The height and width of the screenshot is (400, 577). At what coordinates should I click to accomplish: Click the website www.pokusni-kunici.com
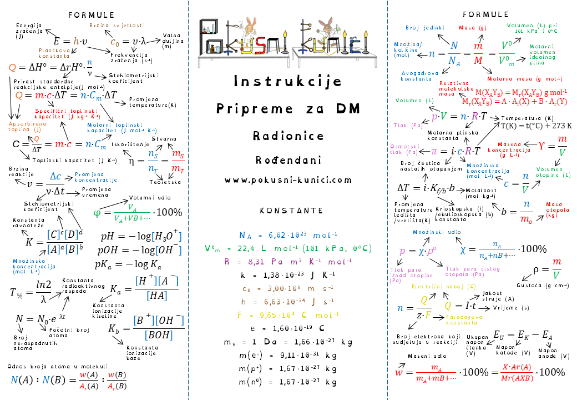pyautogui.click(x=288, y=180)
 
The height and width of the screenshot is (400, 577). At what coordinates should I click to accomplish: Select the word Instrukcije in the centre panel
pyautogui.click(x=288, y=82)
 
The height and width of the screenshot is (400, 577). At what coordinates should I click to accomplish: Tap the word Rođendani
pyautogui.click(x=288, y=160)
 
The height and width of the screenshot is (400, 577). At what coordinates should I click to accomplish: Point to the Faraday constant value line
pyautogui.click(x=288, y=315)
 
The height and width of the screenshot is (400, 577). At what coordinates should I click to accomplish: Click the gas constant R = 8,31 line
pyautogui.click(x=288, y=261)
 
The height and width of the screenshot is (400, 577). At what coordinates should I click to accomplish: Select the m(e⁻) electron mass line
pyautogui.click(x=288, y=355)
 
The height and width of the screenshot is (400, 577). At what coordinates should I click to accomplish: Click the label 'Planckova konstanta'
pyautogui.click(x=54, y=53)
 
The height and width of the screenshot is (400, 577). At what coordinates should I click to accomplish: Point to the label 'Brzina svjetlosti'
pyautogui.click(x=117, y=25)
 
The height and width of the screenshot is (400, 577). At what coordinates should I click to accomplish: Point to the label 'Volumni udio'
pyautogui.click(x=150, y=197)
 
